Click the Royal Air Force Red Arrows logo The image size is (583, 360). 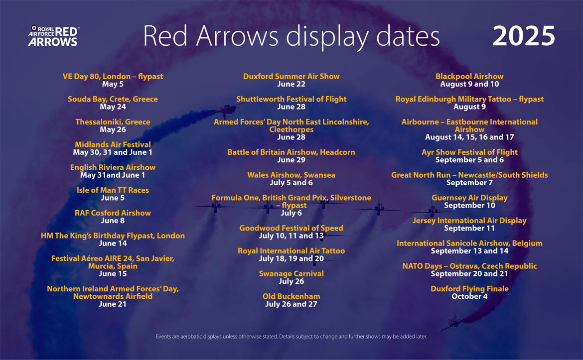[x=53, y=36]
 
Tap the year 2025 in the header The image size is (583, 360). [x=524, y=36]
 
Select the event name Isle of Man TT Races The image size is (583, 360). [x=113, y=190]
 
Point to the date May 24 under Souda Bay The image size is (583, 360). [x=113, y=107]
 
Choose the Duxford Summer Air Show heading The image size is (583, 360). [x=291, y=77]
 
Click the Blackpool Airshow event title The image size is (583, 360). [x=469, y=77]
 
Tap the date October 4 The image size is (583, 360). [x=469, y=296]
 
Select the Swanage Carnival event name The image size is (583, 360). [x=291, y=274]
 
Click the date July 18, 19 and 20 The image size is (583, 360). [x=291, y=258]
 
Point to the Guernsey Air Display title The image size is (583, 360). [x=469, y=198]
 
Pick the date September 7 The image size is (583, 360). [x=469, y=183]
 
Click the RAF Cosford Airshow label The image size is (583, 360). [x=113, y=213]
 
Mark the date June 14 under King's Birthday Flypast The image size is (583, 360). [x=113, y=243]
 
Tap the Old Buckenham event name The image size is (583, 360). [x=291, y=296]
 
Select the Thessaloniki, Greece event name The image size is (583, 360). [x=113, y=122]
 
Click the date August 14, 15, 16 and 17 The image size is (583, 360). [x=469, y=137]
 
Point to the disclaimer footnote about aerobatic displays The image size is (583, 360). [x=291, y=337]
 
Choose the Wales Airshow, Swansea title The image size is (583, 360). [x=291, y=175]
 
